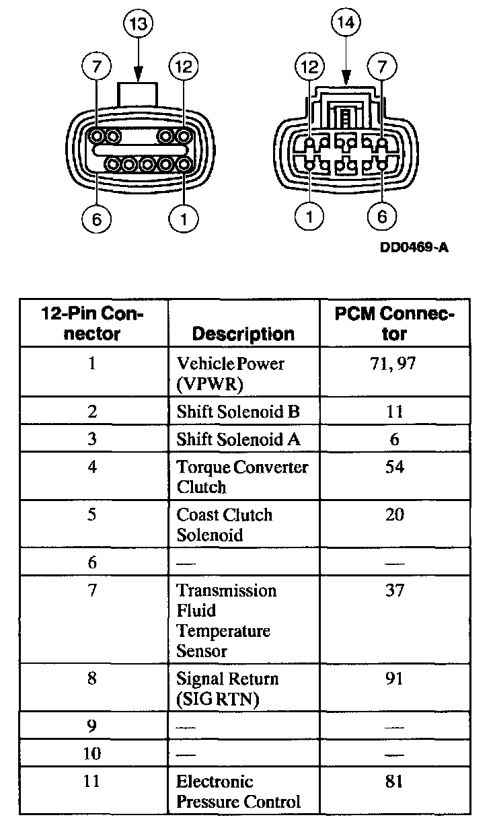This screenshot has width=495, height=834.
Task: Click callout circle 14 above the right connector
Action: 346,25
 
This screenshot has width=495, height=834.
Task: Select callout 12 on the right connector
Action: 310,67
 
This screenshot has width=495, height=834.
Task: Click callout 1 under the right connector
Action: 310,217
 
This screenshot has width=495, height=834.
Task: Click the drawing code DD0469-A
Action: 414,248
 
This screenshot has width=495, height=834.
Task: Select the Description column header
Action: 243,334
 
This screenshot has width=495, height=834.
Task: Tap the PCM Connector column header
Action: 394,324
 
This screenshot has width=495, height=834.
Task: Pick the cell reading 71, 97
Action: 394,364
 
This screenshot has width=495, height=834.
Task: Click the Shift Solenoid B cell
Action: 238,412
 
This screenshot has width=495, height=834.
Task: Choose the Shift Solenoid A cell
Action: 238,439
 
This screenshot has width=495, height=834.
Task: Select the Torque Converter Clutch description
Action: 242,476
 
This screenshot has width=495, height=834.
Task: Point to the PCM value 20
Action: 395,515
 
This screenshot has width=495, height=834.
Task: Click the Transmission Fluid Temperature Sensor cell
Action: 226,620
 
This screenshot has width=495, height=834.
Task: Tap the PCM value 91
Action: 395,679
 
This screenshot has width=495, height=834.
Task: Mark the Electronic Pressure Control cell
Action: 238,792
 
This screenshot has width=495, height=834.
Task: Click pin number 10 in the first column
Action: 92,754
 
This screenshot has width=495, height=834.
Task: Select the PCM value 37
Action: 395,591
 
